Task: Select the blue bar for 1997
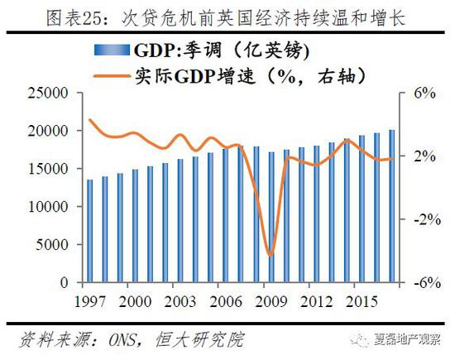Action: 90,231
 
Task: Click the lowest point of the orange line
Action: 270,255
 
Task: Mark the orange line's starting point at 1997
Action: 89,121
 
